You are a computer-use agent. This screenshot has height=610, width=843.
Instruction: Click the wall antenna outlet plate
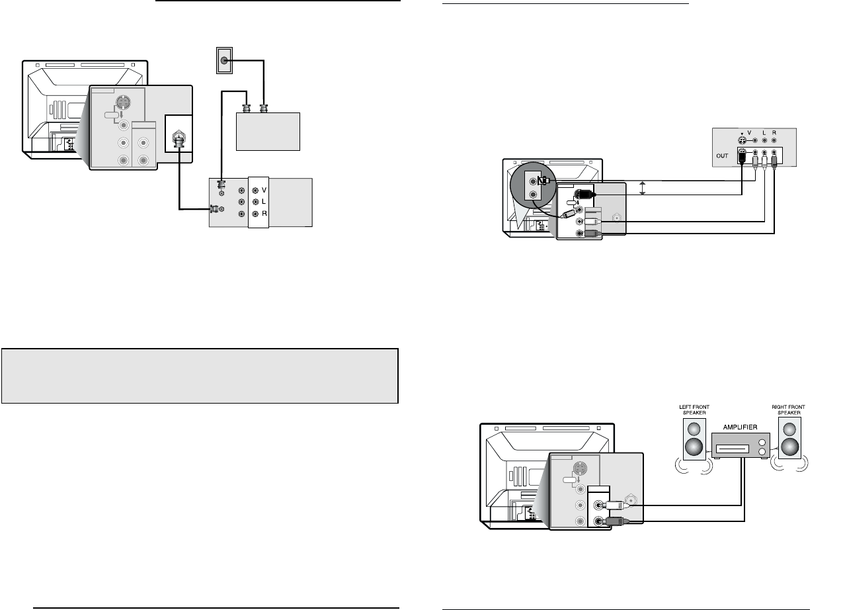(x=225, y=61)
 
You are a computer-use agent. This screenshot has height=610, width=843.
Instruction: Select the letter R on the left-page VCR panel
(x=263, y=214)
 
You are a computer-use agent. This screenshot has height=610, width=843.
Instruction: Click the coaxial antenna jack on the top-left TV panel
(x=177, y=140)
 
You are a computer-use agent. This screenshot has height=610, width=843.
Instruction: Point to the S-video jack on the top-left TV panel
(x=124, y=104)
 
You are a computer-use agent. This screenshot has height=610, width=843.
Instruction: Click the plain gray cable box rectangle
(x=268, y=132)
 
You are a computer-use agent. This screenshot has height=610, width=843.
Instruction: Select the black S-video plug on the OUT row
(x=743, y=159)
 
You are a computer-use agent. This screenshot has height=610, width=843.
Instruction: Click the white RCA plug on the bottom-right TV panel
(x=612, y=505)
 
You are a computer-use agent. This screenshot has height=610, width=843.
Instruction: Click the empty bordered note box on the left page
(x=200, y=376)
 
